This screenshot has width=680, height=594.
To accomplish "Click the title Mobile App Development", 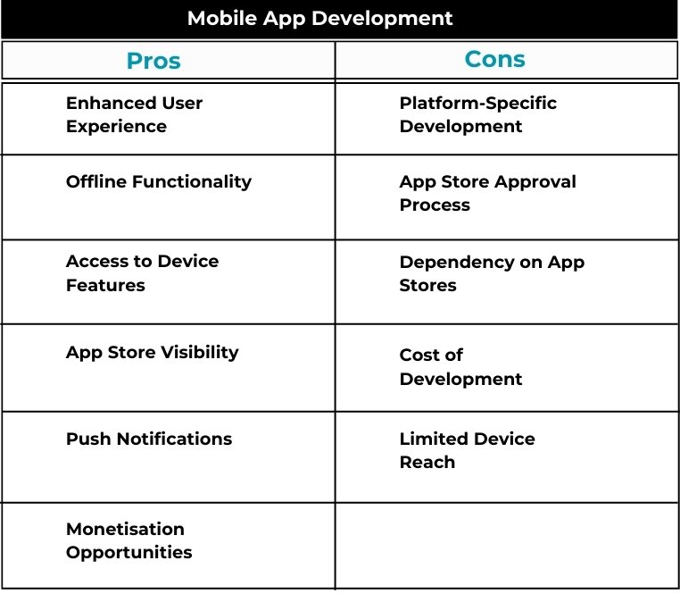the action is click(x=320, y=19).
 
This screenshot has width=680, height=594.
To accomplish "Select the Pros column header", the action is click(x=153, y=61).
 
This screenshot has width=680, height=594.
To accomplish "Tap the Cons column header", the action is click(x=494, y=59).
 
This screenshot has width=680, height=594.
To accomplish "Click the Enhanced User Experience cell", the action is click(x=134, y=114).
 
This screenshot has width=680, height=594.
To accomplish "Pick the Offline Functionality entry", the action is click(x=159, y=181).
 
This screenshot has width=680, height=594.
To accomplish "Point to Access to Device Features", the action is click(x=142, y=273).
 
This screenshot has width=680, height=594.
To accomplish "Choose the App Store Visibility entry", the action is click(x=153, y=353).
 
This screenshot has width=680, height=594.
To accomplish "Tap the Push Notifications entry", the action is click(x=149, y=439).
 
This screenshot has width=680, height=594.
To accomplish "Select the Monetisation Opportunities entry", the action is click(x=129, y=540).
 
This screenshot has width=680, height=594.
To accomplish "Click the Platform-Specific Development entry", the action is click(x=478, y=114).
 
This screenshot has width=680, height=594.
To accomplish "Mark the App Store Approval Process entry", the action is click(x=488, y=193).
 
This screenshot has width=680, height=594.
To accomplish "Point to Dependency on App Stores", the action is click(x=492, y=273).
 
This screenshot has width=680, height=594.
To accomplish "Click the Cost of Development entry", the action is click(x=460, y=367).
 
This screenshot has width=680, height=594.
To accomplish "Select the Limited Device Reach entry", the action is click(x=467, y=450).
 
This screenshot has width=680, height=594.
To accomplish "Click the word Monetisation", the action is click(x=125, y=529).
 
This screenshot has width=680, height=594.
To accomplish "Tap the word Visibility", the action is click(x=200, y=353).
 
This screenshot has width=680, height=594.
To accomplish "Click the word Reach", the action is click(x=427, y=462).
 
